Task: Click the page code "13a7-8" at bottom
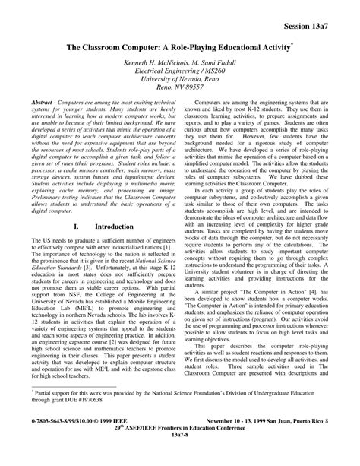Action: coord(179,457)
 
